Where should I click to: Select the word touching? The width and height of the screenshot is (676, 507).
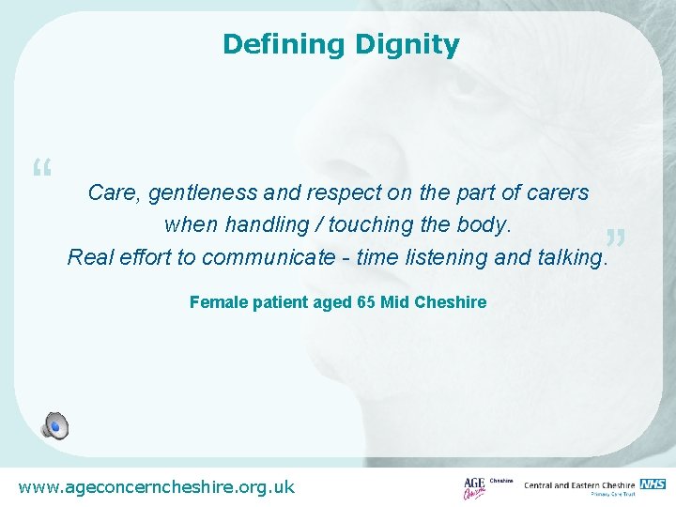pyautogui.click(x=394, y=225)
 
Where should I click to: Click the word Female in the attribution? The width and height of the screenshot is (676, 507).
pyautogui.click(x=219, y=302)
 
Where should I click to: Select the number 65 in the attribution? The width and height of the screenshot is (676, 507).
pyautogui.click(x=366, y=302)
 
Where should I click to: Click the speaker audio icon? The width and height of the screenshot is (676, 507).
pyautogui.click(x=54, y=426)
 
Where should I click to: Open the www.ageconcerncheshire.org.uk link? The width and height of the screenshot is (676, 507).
pyautogui.click(x=157, y=486)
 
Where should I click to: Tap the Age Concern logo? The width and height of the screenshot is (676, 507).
pyautogui.click(x=475, y=487)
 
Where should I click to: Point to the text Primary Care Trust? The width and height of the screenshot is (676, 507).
pyautogui.click(x=614, y=495)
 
